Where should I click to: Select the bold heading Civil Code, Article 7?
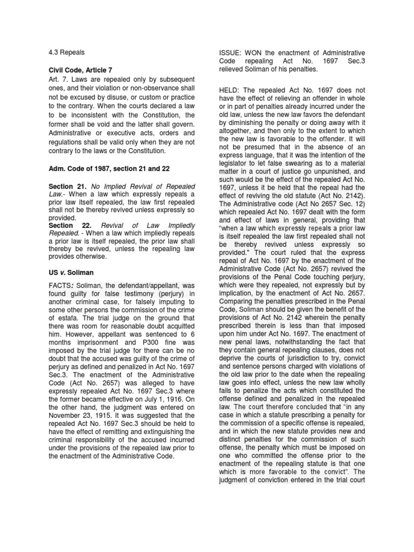(x=79, y=71)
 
